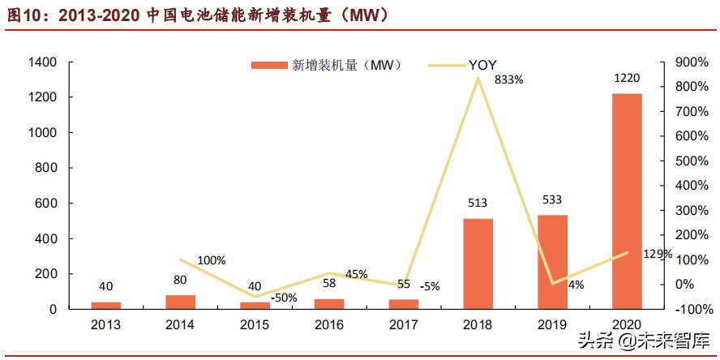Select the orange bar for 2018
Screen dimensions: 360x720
tap(478, 264)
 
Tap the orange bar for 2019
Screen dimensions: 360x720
tap(552, 262)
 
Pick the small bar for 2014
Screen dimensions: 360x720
tap(180, 302)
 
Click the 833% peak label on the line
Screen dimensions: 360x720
tap(508, 80)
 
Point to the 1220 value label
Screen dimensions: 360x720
tap(627, 79)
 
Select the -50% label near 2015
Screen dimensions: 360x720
tap(283, 298)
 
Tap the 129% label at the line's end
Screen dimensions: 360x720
tap(657, 254)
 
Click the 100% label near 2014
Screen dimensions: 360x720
tap(212, 260)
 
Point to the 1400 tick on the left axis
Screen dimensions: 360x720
tap(41, 62)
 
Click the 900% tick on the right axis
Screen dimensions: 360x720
tap(680, 62)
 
